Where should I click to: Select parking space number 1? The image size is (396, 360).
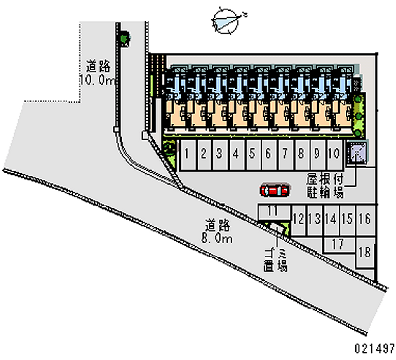pyautogui.click(x=187, y=154)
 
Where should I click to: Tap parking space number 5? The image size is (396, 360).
pyautogui.click(x=252, y=154)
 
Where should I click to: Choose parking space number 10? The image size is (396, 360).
pyautogui.click(x=334, y=154)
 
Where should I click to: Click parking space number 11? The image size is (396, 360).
pyautogui.click(x=271, y=211)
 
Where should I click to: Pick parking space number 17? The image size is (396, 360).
pyautogui.click(x=338, y=244)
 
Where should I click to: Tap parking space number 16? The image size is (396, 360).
pyautogui.click(x=365, y=218)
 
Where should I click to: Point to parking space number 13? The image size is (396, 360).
pyautogui.click(x=314, y=218)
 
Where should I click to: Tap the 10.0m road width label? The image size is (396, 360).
pyautogui.click(x=98, y=73)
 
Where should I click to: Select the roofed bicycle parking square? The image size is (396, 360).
pyautogui.click(x=357, y=152)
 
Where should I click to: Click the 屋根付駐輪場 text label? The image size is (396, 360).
pyautogui.click(x=325, y=185)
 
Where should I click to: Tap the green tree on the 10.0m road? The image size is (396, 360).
pyautogui.click(x=124, y=37)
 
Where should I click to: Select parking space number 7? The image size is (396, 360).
pyautogui.click(x=285, y=154)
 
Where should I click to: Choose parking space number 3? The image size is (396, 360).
pyautogui.click(x=219, y=154)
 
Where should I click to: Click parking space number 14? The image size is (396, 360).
pyautogui.click(x=331, y=218)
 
